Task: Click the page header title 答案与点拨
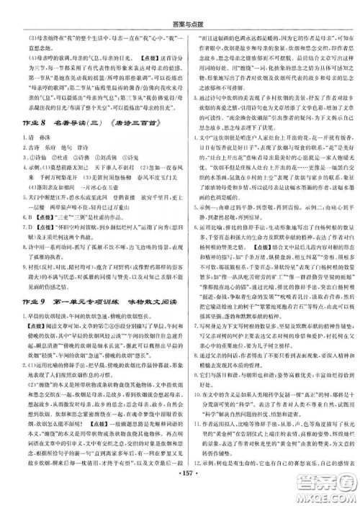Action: click(x=180, y=8)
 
